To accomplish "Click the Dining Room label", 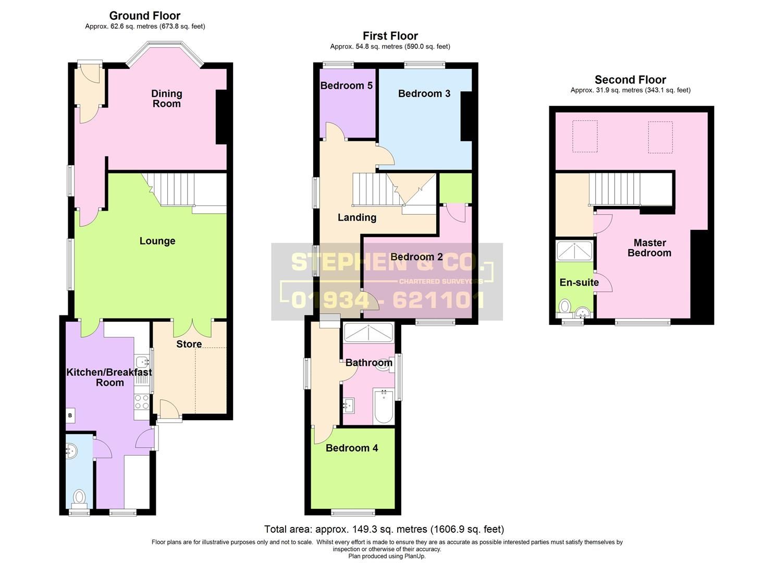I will pyautogui.click(x=166, y=99).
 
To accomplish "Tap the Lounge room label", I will pyautogui.click(x=157, y=241).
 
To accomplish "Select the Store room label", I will pyautogui.click(x=189, y=344).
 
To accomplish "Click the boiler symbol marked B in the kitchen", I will pyautogui.click(x=70, y=415).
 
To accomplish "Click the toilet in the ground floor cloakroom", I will pyautogui.click(x=79, y=496).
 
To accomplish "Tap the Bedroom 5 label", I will pyautogui.click(x=346, y=85).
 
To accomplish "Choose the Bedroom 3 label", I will pyautogui.click(x=424, y=93).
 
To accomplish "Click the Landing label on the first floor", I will pyautogui.click(x=357, y=217).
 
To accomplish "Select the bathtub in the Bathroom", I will pyautogui.click(x=384, y=407).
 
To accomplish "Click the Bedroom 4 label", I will pyautogui.click(x=352, y=448).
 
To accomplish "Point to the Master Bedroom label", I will pyautogui.click(x=649, y=248).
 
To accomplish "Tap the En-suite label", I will pyautogui.click(x=579, y=283).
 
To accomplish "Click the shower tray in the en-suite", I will pyautogui.click(x=574, y=251).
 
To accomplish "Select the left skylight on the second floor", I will pyautogui.click(x=585, y=137).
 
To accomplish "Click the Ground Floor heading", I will pyautogui.click(x=145, y=16).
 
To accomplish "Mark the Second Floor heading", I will pyautogui.click(x=630, y=80).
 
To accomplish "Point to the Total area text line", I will pyautogui.click(x=384, y=529).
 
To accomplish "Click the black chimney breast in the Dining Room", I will pyautogui.click(x=222, y=117).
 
